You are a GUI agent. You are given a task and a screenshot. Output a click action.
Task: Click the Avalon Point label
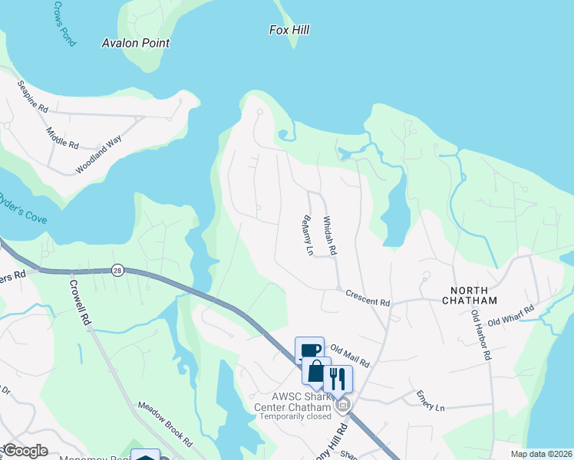(x=136, y=44)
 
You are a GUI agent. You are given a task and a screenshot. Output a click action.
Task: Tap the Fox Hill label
(x=289, y=30)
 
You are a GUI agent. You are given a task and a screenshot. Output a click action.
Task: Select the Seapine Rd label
(x=32, y=97)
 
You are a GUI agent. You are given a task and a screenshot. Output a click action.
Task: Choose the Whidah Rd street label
(x=330, y=235)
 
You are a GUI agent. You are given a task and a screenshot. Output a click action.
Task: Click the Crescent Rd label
(x=368, y=297)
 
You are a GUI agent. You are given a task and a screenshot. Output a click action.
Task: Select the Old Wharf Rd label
(x=510, y=316)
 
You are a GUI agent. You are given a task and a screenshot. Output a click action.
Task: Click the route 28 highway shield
(x=117, y=270)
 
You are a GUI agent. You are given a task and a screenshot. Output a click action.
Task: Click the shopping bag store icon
(x=316, y=372)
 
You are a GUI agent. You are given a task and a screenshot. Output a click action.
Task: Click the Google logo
(x=25, y=451)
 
